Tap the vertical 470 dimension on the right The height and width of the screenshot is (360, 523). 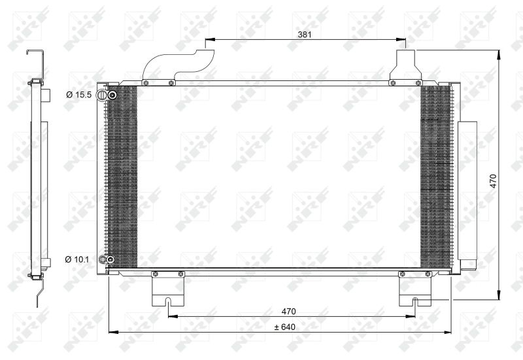(494, 180)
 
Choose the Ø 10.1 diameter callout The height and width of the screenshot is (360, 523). (78, 259)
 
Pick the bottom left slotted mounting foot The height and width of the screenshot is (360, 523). (169, 291)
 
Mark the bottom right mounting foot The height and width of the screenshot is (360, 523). (415, 291)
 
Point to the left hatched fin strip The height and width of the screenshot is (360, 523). (122, 176)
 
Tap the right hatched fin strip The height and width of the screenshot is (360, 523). (436, 176)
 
